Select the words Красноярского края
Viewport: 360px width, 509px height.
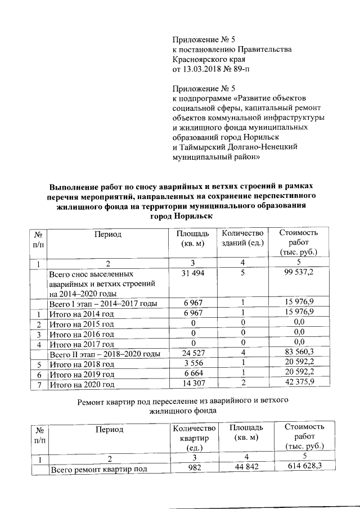[x=209, y=60]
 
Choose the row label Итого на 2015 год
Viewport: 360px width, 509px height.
[x=82, y=325]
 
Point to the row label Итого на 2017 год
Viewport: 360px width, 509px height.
[x=82, y=344]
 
